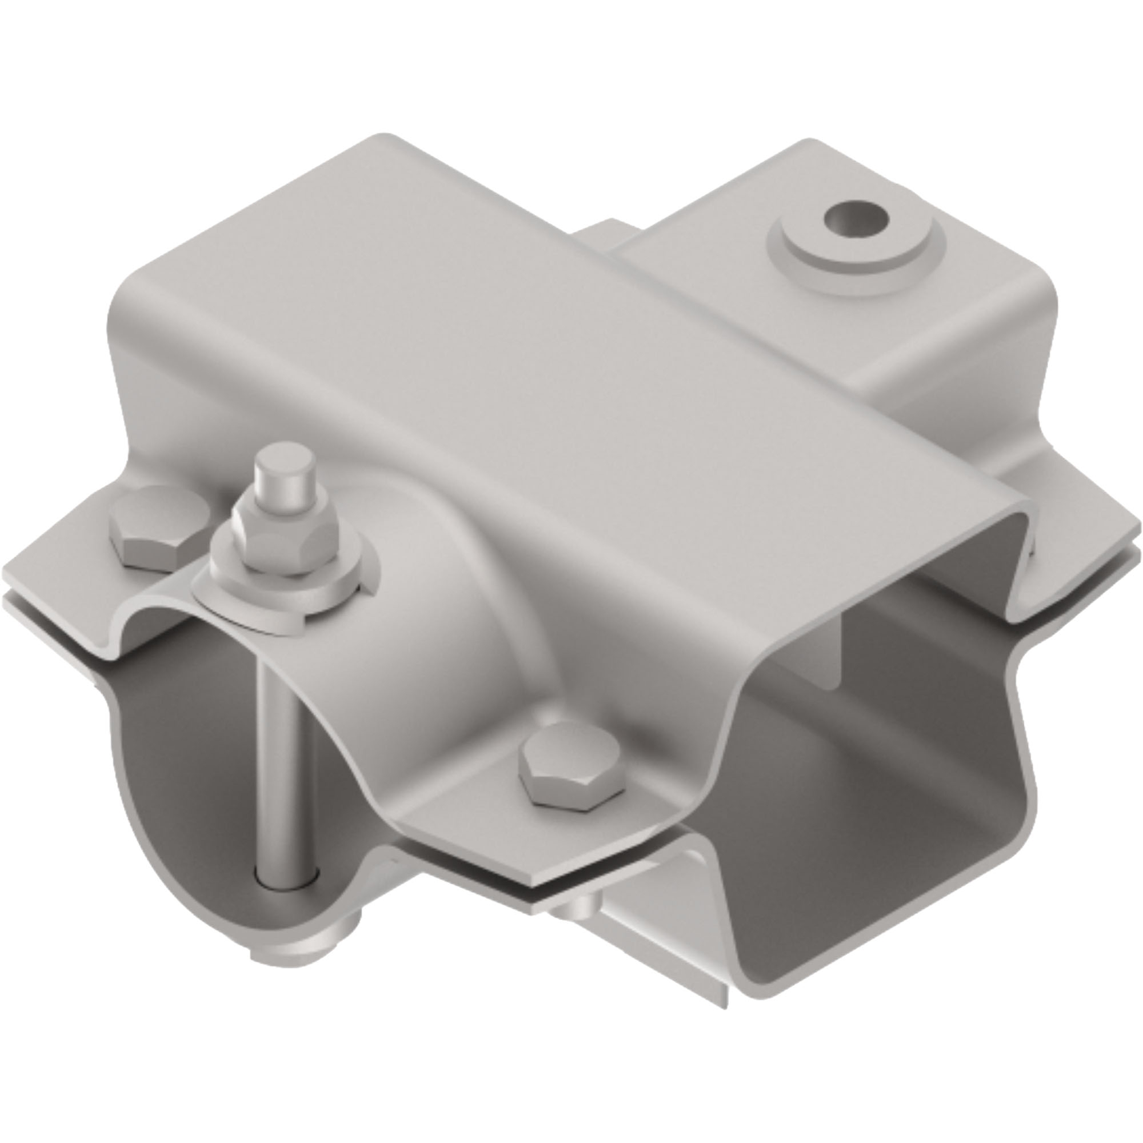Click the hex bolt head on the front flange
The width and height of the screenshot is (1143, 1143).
(572, 764)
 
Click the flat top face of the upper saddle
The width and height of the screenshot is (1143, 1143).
(533, 355)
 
